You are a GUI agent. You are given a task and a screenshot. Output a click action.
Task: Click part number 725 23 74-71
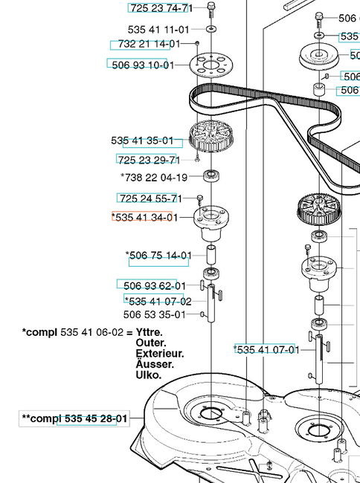point(161,8)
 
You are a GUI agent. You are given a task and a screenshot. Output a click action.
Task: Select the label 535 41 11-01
point(158,30)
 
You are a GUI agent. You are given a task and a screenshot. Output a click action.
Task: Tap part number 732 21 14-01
point(150,44)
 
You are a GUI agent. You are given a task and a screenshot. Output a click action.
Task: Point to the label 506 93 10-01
point(143,65)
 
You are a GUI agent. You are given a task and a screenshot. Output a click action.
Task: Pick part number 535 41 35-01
point(142,140)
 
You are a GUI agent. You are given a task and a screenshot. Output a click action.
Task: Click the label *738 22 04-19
point(154,178)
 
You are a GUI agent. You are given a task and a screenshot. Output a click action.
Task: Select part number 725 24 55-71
point(151,198)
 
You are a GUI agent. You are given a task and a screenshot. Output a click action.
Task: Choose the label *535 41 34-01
point(145,218)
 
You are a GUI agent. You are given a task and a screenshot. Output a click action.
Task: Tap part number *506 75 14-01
point(158,256)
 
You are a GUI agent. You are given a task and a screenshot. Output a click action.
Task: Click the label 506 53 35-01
point(155,315)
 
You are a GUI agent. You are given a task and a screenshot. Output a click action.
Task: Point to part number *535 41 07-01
point(266,350)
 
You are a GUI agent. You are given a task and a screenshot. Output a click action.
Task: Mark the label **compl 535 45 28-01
point(74,418)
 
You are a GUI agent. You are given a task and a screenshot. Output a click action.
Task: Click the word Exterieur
point(160,353)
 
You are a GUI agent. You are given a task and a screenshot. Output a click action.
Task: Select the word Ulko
point(149,375)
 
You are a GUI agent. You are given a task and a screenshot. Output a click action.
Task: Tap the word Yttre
point(150,332)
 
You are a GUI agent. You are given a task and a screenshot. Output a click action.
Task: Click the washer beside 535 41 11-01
point(211,29)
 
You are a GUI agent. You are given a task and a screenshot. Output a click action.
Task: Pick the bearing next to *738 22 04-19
point(211,176)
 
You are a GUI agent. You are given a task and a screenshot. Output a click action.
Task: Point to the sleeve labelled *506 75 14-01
point(210,255)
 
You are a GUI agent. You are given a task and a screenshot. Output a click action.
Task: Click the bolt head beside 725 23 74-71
point(211,5)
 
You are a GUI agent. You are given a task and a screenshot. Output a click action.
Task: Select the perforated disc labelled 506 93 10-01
point(211,65)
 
